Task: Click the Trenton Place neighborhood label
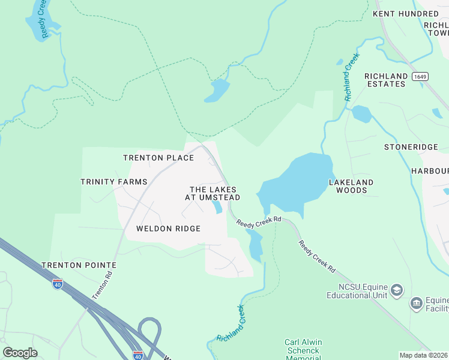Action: click(x=158, y=158)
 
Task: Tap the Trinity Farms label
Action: click(x=114, y=182)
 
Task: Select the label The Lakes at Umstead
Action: click(x=215, y=193)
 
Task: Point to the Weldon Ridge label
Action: click(x=168, y=229)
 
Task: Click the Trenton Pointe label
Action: click(x=79, y=265)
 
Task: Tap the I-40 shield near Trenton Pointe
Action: click(x=58, y=284)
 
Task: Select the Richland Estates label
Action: click(x=385, y=80)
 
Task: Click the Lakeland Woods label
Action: click(x=351, y=186)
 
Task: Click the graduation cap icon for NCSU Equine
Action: click(x=396, y=291)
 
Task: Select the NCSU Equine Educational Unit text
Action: click(x=357, y=291)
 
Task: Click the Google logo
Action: click(x=20, y=353)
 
